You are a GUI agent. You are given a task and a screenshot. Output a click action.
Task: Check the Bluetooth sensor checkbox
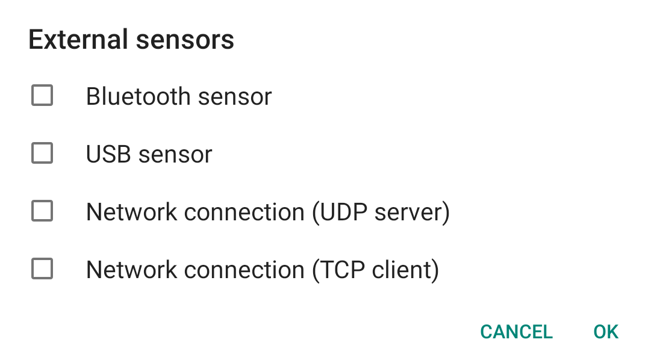pos(42,96)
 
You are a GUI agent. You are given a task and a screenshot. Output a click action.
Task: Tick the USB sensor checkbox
pos(42,154)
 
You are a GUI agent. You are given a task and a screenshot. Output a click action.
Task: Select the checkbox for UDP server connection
pos(42,211)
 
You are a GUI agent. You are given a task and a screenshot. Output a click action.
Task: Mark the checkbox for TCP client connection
pos(42,269)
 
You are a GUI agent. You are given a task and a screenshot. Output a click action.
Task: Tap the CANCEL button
pos(516,332)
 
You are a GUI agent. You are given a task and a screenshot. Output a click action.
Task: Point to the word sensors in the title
pos(185,40)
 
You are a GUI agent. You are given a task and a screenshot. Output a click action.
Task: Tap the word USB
pos(109,154)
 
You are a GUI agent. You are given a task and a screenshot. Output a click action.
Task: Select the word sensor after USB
pos(175,154)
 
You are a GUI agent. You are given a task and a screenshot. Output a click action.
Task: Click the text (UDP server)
pos(381,212)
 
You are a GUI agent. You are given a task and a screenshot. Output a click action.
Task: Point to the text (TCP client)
pos(375,270)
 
